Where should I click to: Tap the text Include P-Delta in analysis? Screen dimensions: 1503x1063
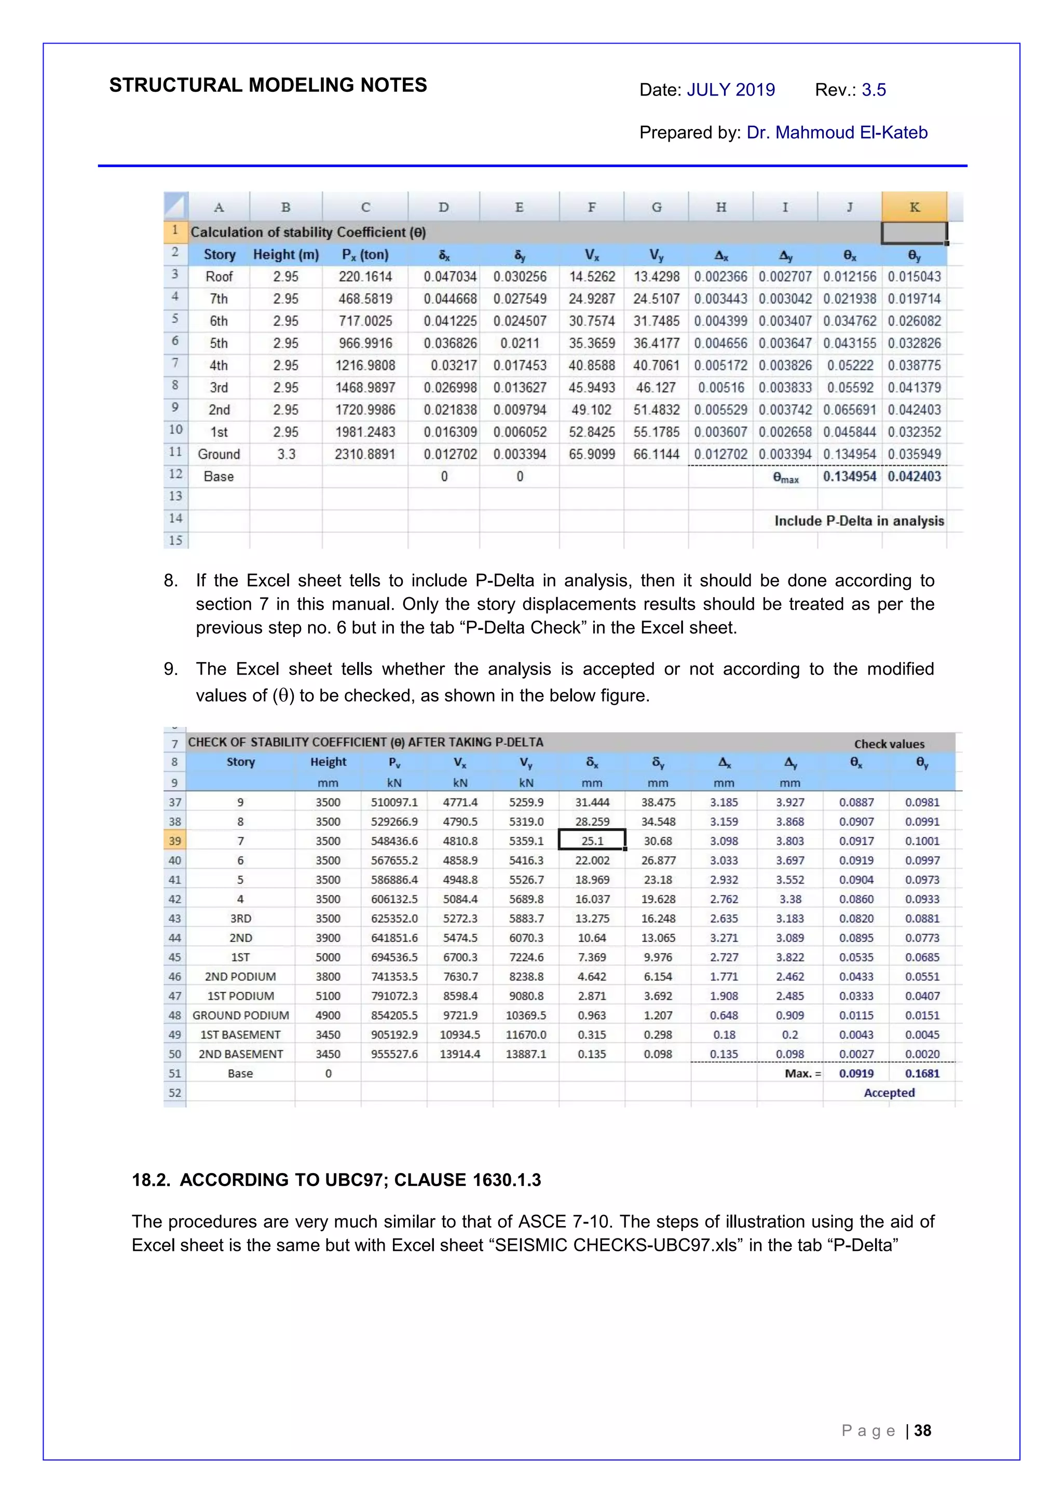[x=858, y=521]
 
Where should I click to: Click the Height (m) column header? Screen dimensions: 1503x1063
[x=285, y=255]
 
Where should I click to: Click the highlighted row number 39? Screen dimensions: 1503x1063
[x=175, y=840]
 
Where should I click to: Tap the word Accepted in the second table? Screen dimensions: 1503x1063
[x=889, y=1093]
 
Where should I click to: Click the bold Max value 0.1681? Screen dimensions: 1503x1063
[x=922, y=1073]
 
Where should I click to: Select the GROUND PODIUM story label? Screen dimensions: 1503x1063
[x=240, y=1015]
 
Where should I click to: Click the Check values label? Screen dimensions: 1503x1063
[x=889, y=743]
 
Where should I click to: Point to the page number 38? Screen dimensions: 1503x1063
[x=922, y=1430]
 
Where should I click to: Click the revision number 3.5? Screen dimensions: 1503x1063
[x=873, y=90]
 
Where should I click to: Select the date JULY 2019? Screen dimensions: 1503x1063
[x=730, y=90]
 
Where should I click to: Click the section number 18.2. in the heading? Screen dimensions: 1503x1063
[x=150, y=1180]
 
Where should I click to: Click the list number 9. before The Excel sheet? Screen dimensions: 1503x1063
[x=170, y=669]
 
